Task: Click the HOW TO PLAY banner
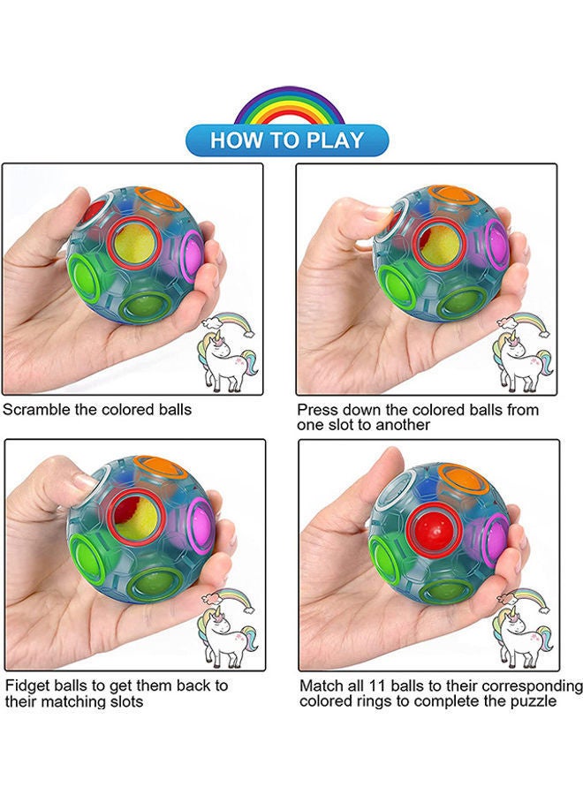click(287, 140)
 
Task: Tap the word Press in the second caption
click(315, 410)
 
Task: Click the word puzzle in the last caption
click(533, 701)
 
